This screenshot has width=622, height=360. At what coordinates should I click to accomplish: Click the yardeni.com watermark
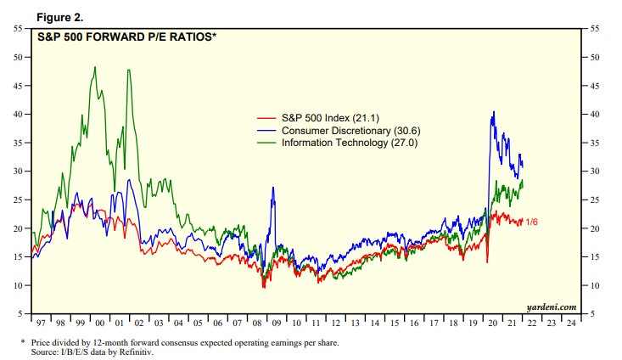click(552, 307)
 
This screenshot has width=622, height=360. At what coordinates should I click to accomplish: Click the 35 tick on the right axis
click(595, 143)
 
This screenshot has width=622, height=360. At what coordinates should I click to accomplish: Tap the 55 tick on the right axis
click(595, 29)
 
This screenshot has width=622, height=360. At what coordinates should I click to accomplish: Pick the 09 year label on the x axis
click(276, 323)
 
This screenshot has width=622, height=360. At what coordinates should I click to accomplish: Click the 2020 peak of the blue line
click(494, 111)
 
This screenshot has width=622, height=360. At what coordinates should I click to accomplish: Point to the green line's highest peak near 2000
click(94, 67)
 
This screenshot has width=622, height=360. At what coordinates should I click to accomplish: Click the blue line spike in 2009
click(273, 187)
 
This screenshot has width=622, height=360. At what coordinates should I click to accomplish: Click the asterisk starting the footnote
click(23, 341)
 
